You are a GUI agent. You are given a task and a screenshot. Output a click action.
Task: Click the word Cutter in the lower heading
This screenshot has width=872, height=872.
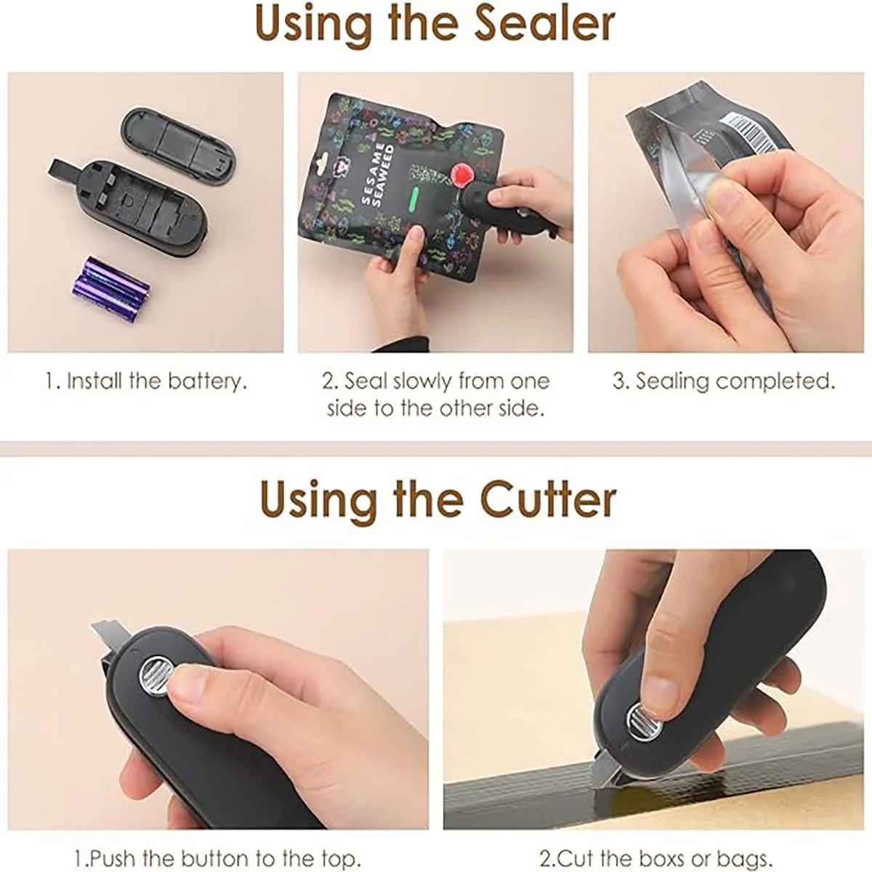[x=548, y=499]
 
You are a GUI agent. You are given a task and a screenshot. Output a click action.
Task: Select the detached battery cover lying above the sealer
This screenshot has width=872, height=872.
[x=178, y=147]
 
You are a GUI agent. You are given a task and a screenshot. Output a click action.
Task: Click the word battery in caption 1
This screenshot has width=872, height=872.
[x=208, y=381]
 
